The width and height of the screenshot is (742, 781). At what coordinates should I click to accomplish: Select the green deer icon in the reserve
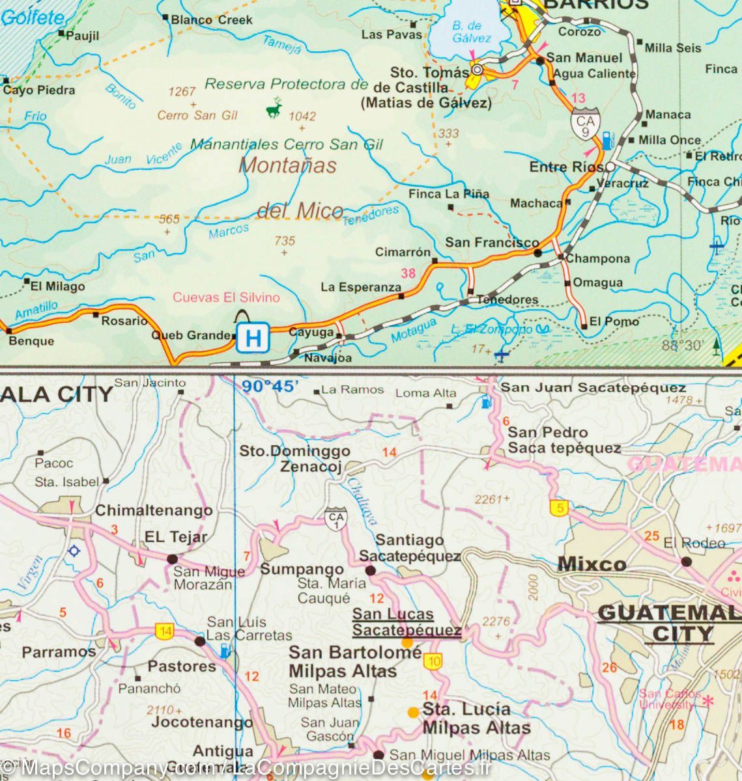274,108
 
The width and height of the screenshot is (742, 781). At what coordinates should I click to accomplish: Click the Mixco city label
592,564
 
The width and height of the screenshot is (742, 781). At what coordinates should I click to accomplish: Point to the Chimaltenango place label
154,511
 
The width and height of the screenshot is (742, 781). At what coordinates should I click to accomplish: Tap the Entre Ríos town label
565,167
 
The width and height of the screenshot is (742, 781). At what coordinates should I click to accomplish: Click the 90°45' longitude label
270,387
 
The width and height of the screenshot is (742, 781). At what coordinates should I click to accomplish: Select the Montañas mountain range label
288,165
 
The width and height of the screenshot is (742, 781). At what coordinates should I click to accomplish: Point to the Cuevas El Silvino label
226,297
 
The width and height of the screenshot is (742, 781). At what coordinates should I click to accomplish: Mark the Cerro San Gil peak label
197,115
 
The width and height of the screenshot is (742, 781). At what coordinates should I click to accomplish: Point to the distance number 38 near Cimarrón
408,273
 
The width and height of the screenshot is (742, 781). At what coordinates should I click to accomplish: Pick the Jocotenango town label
201,722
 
